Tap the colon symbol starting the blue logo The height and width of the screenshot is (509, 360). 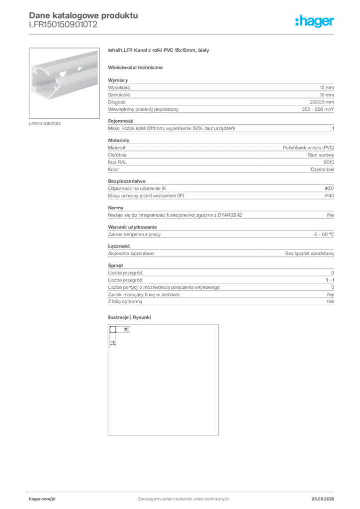tap(296, 22)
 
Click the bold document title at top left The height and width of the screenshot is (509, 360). tap(83, 15)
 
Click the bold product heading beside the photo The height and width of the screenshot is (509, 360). tap(159, 51)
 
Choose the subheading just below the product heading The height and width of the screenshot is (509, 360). tap(137, 67)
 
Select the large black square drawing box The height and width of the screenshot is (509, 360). tap(163, 380)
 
